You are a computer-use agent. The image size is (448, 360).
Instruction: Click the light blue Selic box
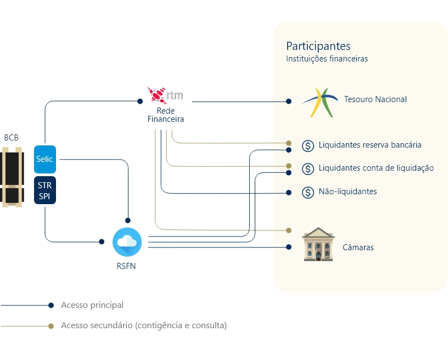[x=45, y=159]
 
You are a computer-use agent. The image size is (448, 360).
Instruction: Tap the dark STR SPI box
[x=45, y=190]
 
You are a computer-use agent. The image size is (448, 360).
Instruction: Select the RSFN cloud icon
[x=127, y=241]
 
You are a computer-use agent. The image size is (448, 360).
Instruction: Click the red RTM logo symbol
[x=156, y=95]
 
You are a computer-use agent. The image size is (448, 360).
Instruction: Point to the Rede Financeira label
[x=165, y=115]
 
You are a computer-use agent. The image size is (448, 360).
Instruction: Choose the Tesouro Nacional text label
[x=375, y=99]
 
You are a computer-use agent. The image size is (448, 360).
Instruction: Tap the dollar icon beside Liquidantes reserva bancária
[x=307, y=145]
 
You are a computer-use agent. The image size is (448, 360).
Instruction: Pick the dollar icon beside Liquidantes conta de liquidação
[x=307, y=168]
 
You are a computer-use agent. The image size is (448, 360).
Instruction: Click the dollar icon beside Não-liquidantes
[x=307, y=192]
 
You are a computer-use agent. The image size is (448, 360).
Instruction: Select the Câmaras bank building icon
[x=318, y=245]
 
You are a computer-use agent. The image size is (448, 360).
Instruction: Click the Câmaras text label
[x=357, y=248]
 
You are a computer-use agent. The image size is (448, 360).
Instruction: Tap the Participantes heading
[x=318, y=46]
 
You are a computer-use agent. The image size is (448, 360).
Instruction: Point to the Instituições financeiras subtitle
[x=327, y=59]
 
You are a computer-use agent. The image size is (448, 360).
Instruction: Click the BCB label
[x=11, y=138]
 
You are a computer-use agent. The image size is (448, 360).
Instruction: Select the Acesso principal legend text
[x=92, y=305]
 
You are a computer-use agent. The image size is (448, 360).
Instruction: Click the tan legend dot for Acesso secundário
[x=51, y=326]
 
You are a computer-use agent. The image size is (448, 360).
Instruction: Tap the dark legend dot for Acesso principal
[x=51, y=305]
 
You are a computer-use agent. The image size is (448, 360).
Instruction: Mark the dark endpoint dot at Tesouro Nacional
[x=289, y=101]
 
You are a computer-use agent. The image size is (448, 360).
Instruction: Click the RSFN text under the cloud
[x=127, y=267]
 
